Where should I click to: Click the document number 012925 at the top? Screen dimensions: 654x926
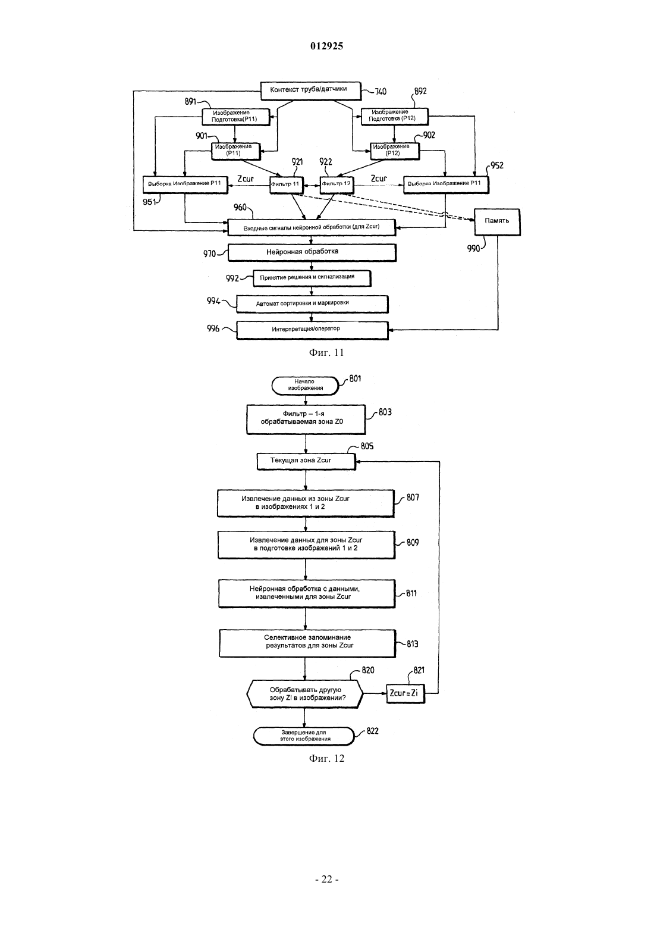pyautogui.click(x=326, y=46)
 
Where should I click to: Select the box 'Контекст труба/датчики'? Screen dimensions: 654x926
pyautogui.click(x=310, y=91)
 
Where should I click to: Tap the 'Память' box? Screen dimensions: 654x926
pyautogui.click(x=497, y=222)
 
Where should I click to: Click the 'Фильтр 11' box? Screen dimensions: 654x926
pyautogui.click(x=286, y=185)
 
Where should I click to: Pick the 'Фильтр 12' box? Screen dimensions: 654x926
pyautogui.click(x=337, y=185)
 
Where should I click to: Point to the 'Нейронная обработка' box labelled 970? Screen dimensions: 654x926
pyautogui.click(x=312, y=252)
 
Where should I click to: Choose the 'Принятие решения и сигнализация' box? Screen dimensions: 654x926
pyautogui.click(x=312, y=279)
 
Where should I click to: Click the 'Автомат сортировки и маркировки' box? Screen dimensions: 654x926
pyautogui.click(x=312, y=304)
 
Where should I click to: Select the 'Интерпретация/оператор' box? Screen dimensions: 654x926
pyautogui.click(x=312, y=330)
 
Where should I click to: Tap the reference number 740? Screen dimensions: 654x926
pyautogui.click(x=381, y=92)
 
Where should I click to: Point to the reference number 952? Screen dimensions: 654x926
pyautogui.click(x=497, y=165)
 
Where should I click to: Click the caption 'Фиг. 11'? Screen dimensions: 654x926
pyautogui.click(x=326, y=353)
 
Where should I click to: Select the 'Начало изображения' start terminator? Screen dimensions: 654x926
pyautogui.click(x=305, y=386)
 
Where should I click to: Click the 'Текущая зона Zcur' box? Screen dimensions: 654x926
pyautogui.click(x=306, y=461)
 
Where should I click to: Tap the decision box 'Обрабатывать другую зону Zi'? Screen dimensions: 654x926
pyautogui.click(x=305, y=694)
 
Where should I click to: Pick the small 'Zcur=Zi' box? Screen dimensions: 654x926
pyautogui.click(x=405, y=693)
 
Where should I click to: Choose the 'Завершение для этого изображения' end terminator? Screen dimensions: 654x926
pyautogui.click(x=304, y=736)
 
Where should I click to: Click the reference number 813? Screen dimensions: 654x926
pyautogui.click(x=413, y=644)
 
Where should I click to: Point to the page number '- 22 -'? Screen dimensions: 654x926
pyautogui.click(x=326, y=880)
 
